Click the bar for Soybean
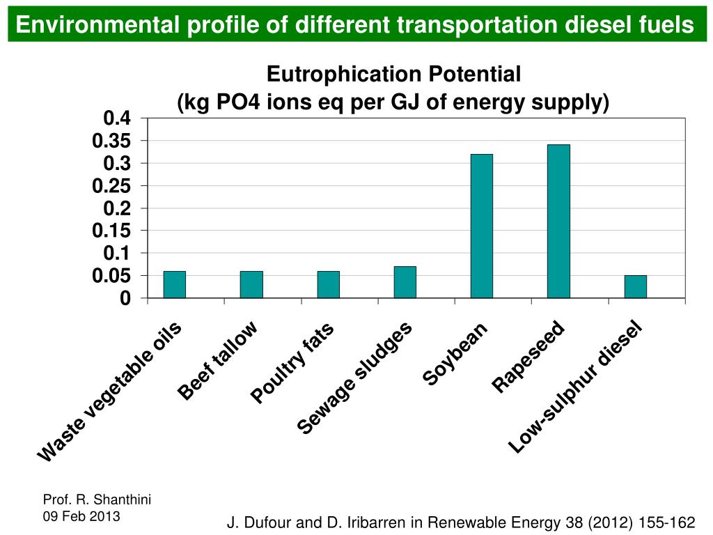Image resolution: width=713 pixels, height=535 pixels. pyautogui.click(x=481, y=226)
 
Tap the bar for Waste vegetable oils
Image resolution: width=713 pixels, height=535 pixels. pyautogui.click(x=175, y=284)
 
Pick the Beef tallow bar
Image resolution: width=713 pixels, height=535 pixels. pyautogui.click(x=251, y=284)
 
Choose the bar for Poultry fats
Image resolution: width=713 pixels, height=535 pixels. pyautogui.click(x=328, y=284)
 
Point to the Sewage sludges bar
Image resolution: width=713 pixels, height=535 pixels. pyautogui.click(x=405, y=282)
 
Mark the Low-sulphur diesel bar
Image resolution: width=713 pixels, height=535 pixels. pyautogui.click(x=635, y=286)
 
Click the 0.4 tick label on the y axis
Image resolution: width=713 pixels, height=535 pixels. pyautogui.click(x=116, y=118)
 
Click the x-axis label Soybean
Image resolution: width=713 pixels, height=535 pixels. pyautogui.click(x=455, y=355)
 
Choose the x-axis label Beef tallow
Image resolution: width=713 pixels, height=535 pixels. pyautogui.click(x=218, y=362)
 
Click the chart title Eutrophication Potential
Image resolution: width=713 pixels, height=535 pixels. pyautogui.click(x=393, y=74)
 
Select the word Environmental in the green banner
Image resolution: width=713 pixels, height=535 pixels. pyautogui.click(x=97, y=25)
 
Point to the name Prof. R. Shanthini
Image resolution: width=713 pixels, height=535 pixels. pyautogui.click(x=97, y=499)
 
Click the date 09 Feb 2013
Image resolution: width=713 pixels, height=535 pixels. pyautogui.click(x=81, y=516)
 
